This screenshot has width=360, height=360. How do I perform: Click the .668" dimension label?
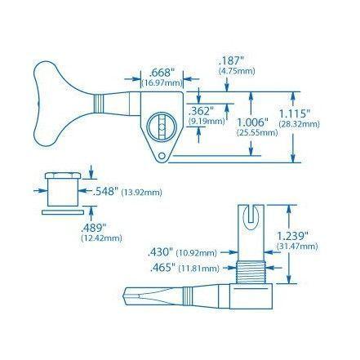[162, 73]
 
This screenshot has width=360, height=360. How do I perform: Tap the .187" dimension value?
[230, 60]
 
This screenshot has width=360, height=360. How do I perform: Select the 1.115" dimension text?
[295, 114]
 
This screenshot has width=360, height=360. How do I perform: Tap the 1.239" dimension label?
[292, 236]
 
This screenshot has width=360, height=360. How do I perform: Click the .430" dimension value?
[160, 252]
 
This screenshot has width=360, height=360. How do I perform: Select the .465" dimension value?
[163, 268]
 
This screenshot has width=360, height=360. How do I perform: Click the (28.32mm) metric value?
[299, 124]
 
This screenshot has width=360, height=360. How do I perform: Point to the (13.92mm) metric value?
[141, 193]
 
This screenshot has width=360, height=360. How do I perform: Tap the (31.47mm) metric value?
[297, 247]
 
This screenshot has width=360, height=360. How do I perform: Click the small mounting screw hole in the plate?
[162, 156]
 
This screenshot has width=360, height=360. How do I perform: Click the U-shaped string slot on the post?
[251, 217]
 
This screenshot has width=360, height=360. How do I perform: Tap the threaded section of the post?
[251, 272]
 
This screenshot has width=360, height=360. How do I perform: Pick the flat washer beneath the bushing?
[63, 212]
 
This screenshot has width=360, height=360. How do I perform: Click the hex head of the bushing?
[63, 176]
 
